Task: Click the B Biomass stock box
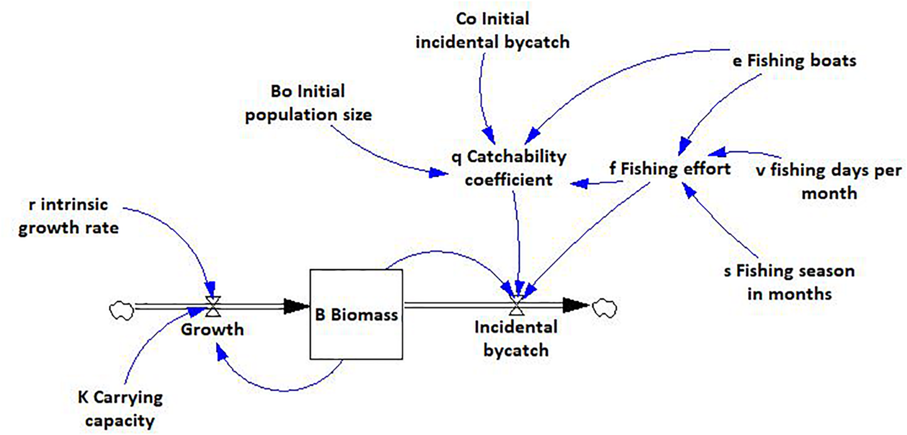(356, 314)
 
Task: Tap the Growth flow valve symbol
(213, 307)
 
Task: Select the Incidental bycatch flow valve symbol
(516, 305)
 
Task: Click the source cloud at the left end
(122, 311)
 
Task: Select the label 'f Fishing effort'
(670, 169)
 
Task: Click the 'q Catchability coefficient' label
(509, 168)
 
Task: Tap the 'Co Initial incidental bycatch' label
(492, 30)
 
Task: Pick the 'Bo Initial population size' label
(308, 103)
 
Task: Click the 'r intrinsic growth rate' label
(69, 216)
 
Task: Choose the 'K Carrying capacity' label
(120, 409)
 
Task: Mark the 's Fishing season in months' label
(789, 282)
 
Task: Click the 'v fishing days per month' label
(829, 181)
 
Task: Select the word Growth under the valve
(212, 329)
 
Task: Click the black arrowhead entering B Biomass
(296, 307)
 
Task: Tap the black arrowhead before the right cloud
(575, 305)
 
